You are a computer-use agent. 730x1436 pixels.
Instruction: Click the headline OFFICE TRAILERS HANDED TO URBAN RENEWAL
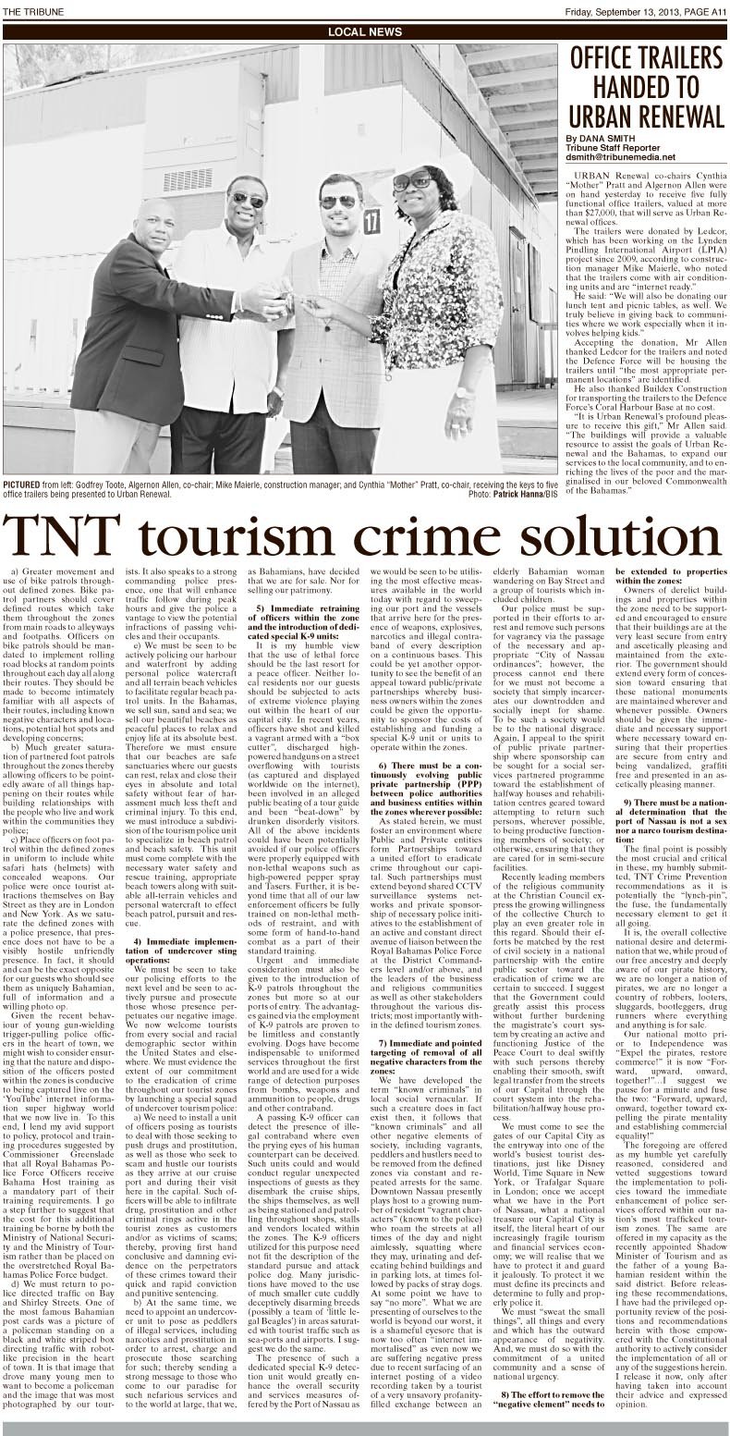pos(645,88)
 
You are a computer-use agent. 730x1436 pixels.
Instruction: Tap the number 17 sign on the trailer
pos(371,220)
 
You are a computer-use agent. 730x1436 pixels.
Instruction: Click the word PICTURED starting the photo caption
pos(21,485)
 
